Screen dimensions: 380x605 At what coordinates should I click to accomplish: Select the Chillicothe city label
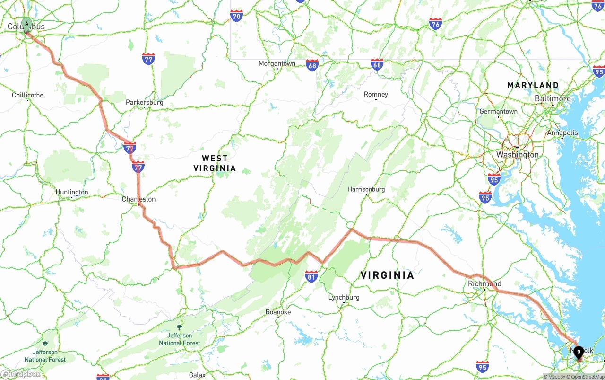27,95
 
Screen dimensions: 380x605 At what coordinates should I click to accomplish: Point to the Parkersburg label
144,102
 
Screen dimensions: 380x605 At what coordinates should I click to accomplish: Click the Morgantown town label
277,63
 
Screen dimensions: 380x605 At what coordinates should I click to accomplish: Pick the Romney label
376,95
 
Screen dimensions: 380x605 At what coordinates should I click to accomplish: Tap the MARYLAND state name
533,85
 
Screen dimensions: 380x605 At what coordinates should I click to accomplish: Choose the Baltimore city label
553,98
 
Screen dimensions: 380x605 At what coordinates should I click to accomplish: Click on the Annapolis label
562,133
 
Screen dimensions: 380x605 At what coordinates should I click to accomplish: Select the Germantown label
498,112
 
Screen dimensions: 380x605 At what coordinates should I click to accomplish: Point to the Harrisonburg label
366,189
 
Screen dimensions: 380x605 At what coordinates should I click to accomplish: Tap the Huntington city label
72,192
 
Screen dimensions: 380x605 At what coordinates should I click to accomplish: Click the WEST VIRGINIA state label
215,163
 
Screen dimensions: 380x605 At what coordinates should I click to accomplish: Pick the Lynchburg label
344,297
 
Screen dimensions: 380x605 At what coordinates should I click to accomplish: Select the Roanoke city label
278,312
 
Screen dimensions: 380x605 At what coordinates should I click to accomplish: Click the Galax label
197,375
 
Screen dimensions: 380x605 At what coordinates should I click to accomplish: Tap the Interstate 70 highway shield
237,16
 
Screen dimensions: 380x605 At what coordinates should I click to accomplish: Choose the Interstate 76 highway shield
435,24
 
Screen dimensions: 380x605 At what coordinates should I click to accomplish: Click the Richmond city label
484,284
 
